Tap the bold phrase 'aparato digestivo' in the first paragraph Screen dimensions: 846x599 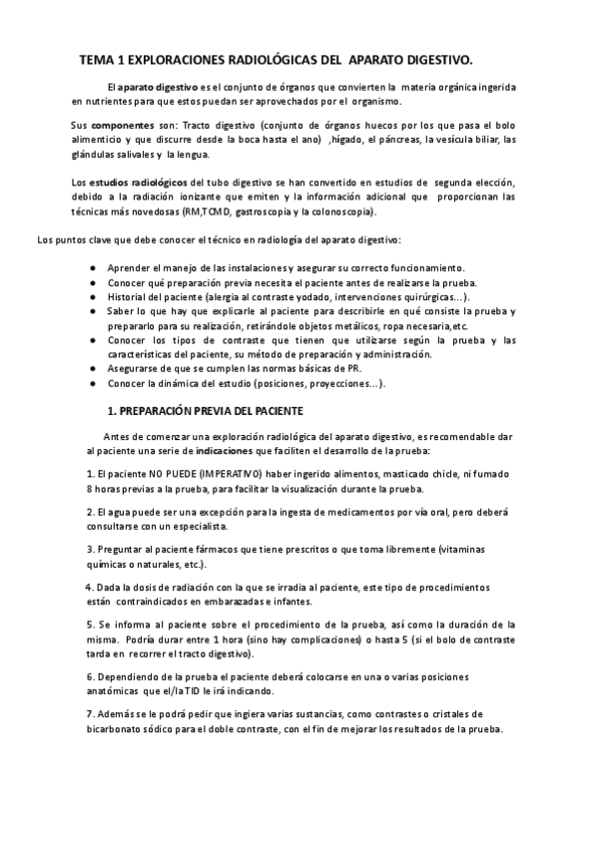pyautogui.click(x=158, y=88)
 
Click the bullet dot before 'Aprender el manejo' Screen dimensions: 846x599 pyautogui.click(x=92, y=269)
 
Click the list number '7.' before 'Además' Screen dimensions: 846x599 pyautogui.click(x=89, y=713)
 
